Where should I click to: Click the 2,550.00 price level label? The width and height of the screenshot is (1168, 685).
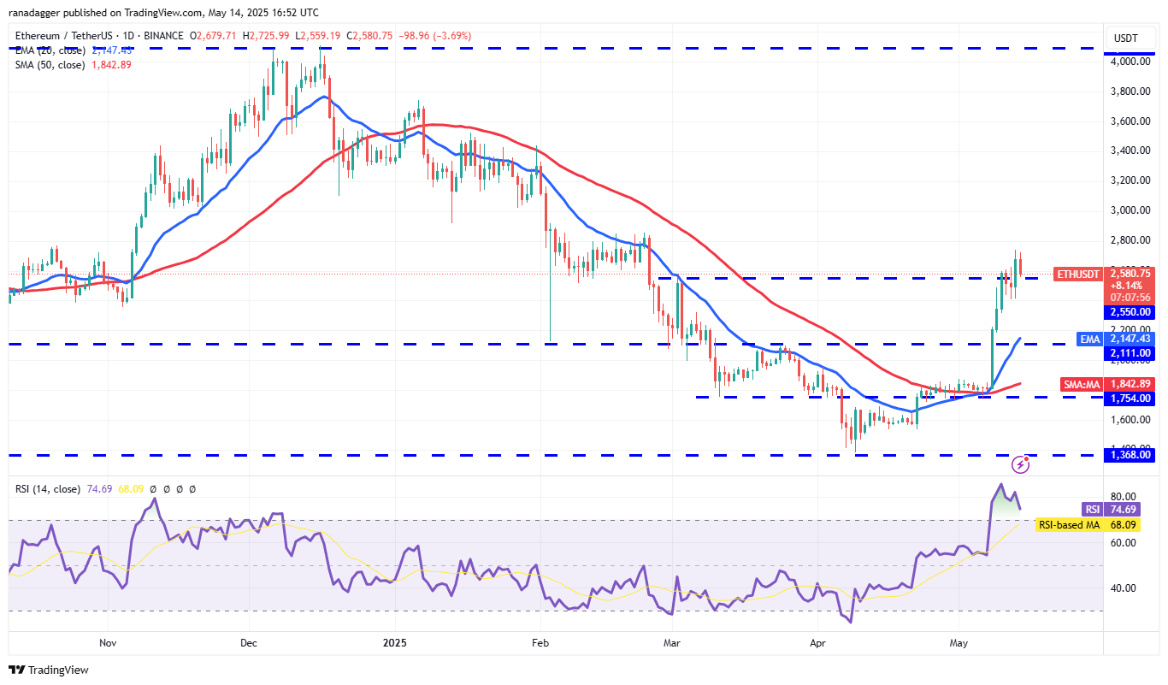[x=1131, y=312]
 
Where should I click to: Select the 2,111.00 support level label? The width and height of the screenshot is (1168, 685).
[x=1131, y=352]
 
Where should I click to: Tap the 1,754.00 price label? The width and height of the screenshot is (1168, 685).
[x=1131, y=398]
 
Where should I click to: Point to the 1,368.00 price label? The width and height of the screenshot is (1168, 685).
[x=1131, y=455]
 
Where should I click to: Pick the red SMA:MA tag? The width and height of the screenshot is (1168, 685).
[x=1082, y=385]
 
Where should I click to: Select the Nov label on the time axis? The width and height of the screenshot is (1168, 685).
[x=107, y=641]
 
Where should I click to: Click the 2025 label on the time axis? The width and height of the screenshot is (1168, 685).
[x=394, y=641]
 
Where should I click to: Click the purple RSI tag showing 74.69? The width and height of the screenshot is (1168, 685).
[x=1092, y=509]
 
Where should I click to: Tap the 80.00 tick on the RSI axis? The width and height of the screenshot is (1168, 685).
[x=1124, y=497]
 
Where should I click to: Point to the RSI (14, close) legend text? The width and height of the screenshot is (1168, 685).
[x=47, y=489]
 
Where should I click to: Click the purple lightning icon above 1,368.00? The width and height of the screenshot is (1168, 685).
[x=1020, y=464]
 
